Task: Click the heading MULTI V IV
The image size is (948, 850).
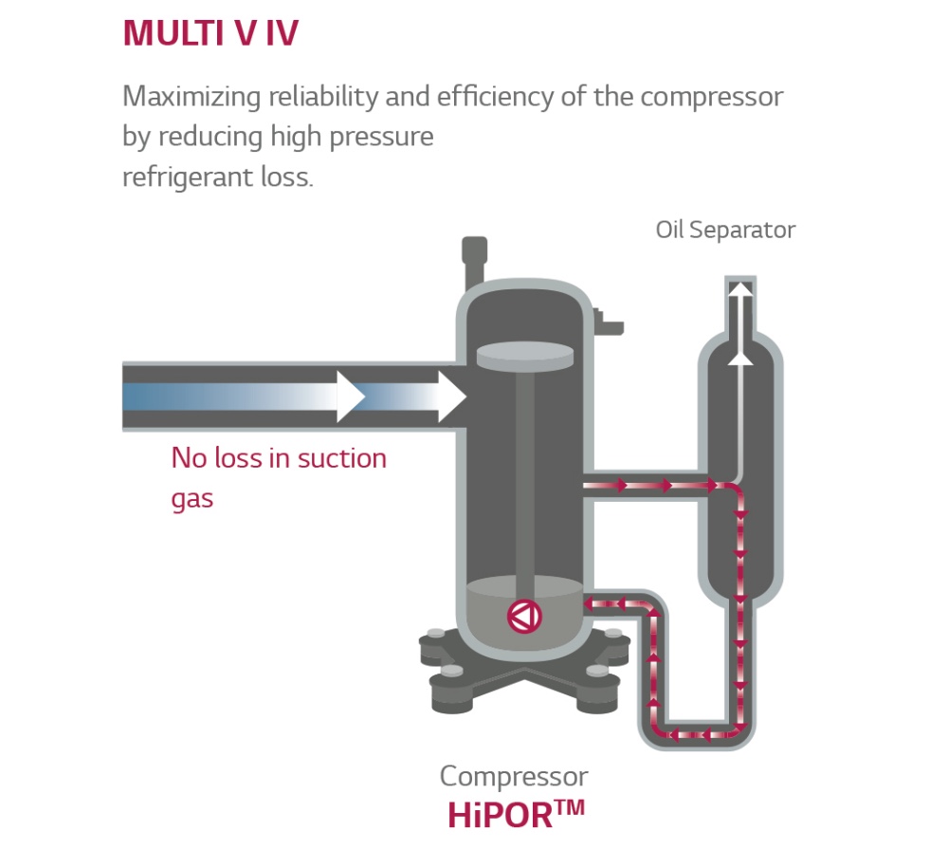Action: [x=210, y=34]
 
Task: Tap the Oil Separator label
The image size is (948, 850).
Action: [x=725, y=230]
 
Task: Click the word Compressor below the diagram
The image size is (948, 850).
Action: [x=514, y=776]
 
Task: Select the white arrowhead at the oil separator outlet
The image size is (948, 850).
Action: [x=740, y=290]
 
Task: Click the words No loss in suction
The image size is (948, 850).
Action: [x=279, y=459]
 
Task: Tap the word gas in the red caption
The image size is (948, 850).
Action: [x=192, y=498]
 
